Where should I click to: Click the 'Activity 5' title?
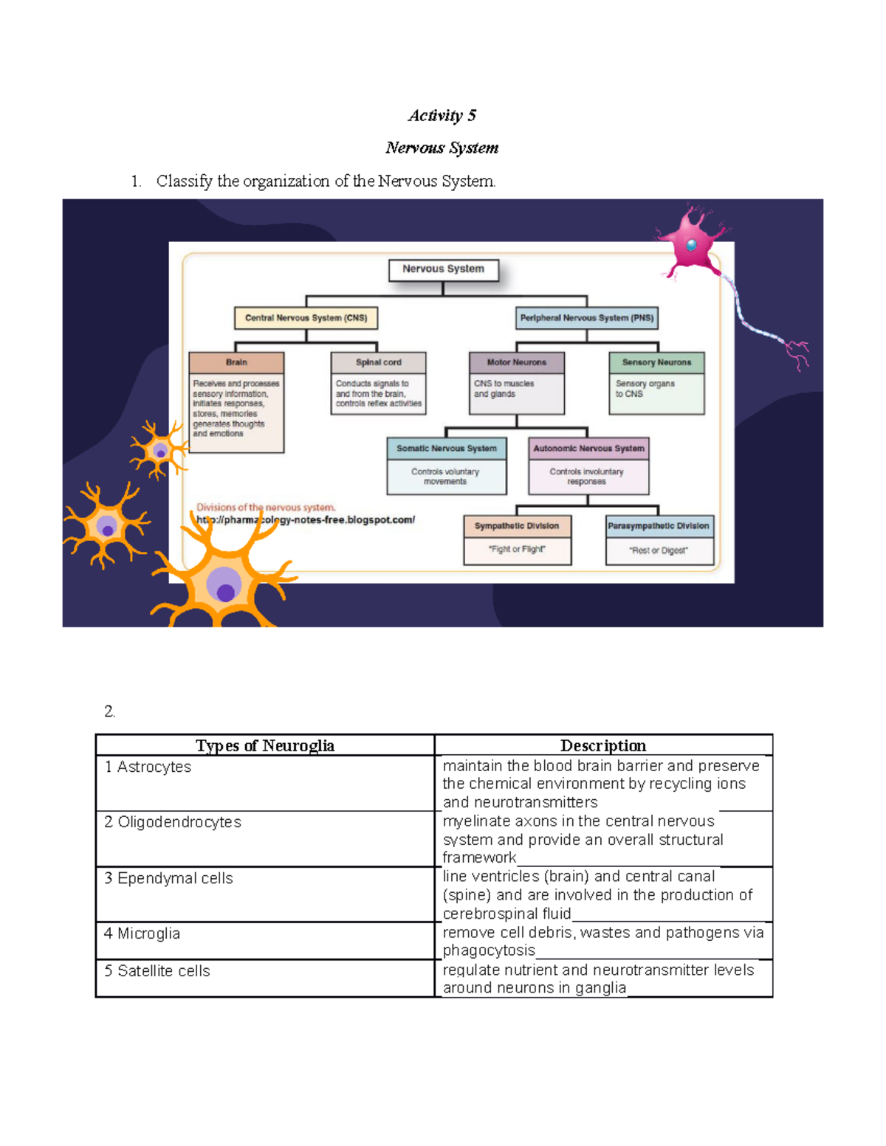coord(442,115)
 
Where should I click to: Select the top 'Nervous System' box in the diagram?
coord(443,269)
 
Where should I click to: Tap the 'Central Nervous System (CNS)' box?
coord(306,318)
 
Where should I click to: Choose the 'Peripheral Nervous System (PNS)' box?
coord(586,318)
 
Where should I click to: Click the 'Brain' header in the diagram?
coord(236,362)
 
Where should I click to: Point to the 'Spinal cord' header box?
coord(378,362)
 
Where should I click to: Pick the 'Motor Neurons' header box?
coord(516,362)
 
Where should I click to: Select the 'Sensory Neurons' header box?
coord(656,362)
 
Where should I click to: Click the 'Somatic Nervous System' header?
coord(446,449)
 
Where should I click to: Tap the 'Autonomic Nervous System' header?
coord(588,449)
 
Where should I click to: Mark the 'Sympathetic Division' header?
coord(517,526)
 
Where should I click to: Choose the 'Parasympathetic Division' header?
coord(659,526)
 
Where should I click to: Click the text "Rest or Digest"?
coord(659,550)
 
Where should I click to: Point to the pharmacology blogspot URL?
coord(306,520)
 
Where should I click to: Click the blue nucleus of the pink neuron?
coord(691,245)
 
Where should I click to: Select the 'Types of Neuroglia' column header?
coord(264,745)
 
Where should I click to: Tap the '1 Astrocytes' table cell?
coord(148,767)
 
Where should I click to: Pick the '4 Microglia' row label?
coord(142,933)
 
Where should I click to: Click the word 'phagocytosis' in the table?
coord(489,950)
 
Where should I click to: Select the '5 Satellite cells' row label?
coord(157,971)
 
